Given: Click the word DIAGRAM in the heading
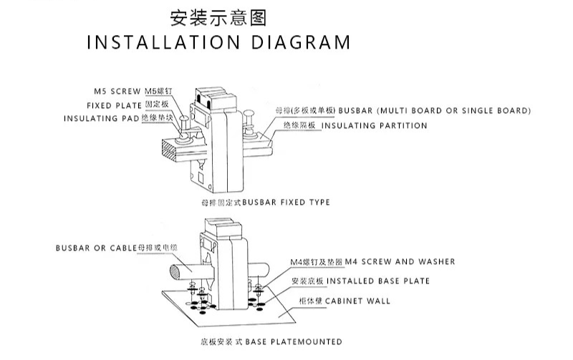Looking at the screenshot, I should point(302,42).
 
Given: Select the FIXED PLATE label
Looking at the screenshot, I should point(115,105).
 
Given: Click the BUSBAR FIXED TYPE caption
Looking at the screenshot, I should point(286,203).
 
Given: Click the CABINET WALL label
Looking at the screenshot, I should point(358,301).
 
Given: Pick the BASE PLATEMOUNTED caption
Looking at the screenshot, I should point(294,341).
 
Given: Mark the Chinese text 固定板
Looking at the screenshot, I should point(155,105).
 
